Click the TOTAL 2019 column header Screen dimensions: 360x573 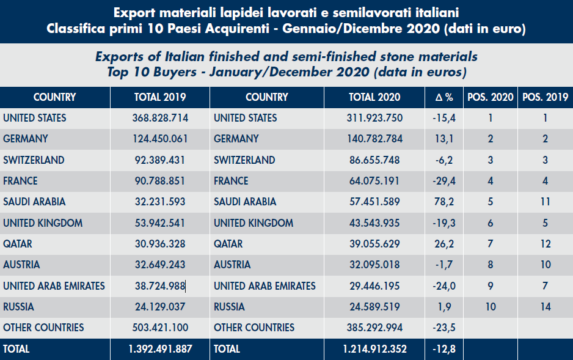159,97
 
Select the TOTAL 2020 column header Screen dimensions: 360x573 374,97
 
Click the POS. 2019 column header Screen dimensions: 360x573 545,97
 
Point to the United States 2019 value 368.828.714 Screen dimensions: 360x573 160,118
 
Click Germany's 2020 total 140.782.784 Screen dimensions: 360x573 374,139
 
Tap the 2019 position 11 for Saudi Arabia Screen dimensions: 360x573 545,202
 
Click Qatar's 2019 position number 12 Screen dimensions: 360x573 545,244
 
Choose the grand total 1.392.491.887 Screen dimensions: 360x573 160,350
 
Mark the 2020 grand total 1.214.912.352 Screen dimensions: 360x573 374,350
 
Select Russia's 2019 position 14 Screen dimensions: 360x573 545,307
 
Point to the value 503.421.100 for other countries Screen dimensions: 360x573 160,328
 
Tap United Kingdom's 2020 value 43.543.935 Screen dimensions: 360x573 374,223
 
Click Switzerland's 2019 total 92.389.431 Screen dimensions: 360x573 160,160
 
